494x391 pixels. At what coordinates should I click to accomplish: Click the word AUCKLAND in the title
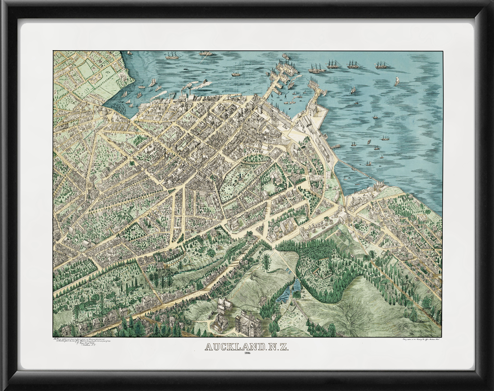(x=234, y=348)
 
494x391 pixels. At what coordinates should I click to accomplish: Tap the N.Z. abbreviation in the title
(x=274, y=348)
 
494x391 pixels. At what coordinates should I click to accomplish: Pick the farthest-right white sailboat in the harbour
(x=397, y=81)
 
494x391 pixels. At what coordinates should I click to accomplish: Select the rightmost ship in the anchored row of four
(x=382, y=65)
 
